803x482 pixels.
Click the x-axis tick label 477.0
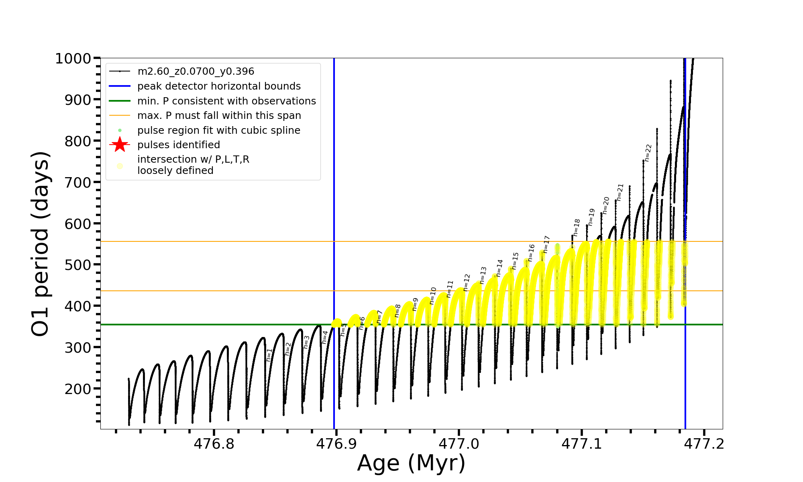[459, 444]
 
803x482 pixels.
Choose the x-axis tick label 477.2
[704, 444]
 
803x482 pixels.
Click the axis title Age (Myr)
[411, 463]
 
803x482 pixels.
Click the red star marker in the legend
[120, 145]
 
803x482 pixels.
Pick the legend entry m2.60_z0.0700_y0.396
[196, 71]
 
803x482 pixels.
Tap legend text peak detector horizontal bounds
[219, 86]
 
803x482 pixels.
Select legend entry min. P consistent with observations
[226, 101]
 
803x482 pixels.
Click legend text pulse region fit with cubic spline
[218, 130]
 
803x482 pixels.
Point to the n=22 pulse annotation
[648, 153]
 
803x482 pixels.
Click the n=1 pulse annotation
[269, 355]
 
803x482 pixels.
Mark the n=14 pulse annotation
[499, 268]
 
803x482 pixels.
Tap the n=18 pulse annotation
[576, 227]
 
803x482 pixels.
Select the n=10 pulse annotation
[432, 296]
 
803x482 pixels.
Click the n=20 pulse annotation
[605, 205]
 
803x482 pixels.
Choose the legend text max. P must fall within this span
[219, 116]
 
